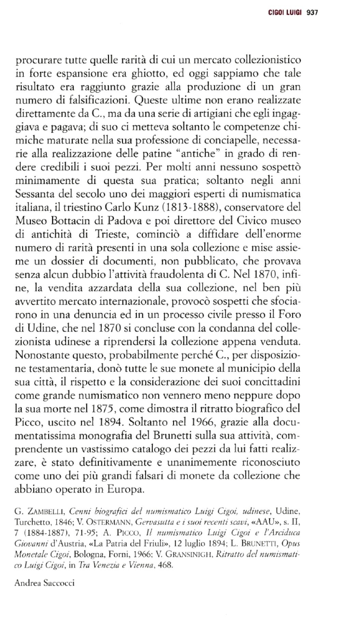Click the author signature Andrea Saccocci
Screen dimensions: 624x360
click(44, 582)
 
